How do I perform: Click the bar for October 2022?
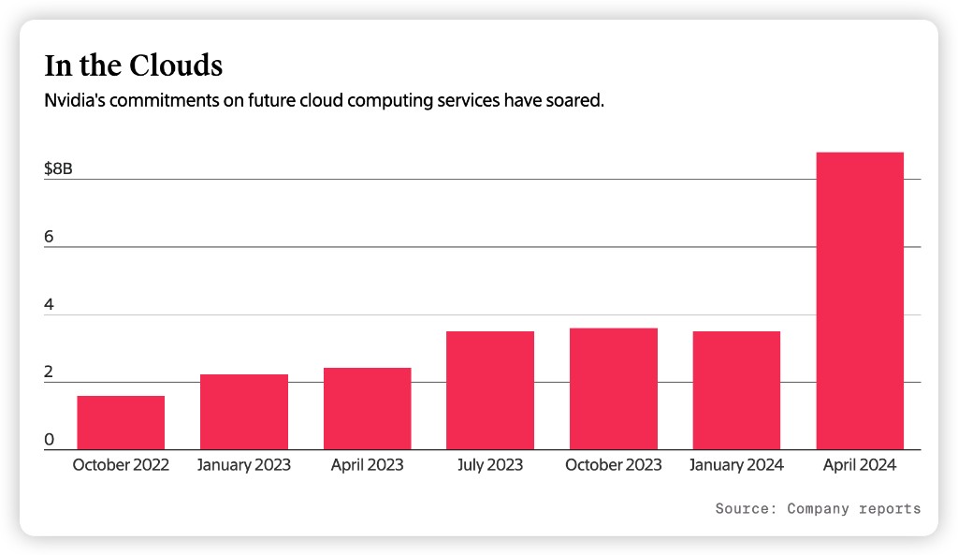click(121, 423)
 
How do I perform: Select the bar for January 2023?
click(244, 413)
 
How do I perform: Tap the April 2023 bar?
click(367, 409)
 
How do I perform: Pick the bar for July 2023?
click(490, 391)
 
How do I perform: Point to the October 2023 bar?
click(614, 389)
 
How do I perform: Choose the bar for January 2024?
click(736, 391)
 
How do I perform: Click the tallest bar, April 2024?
click(860, 301)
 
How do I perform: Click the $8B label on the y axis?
click(58, 169)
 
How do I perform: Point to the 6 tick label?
click(49, 237)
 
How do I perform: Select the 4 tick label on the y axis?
click(49, 305)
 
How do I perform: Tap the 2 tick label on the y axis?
click(49, 372)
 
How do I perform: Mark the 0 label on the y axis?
click(49, 440)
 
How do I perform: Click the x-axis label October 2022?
click(121, 465)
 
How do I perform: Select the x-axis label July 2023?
click(490, 465)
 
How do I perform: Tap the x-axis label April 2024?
click(860, 465)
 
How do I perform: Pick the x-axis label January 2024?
click(736, 465)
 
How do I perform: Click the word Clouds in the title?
click(177, 66)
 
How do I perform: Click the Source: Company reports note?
click(818, 509)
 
